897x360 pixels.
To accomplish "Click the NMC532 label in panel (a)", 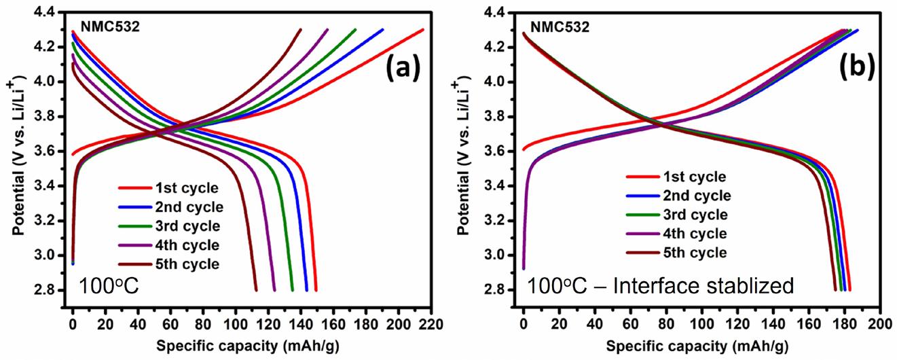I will [x=106, y=28].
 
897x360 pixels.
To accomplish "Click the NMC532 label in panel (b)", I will [x=560, y=28].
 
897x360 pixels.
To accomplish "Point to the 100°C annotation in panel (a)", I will [x=109, y=285].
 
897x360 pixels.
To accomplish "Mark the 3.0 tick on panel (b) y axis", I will [x=505, y=255].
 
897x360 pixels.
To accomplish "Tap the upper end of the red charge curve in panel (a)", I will [x=423, y=29].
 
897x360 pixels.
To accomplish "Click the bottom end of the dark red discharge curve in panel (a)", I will [x=256, y=290].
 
